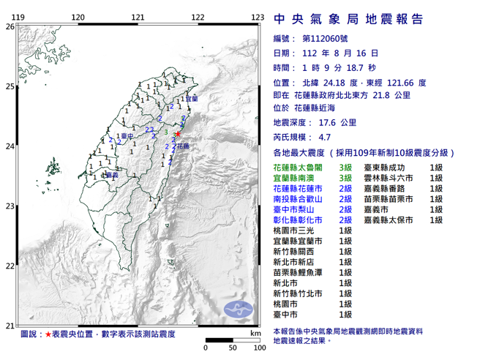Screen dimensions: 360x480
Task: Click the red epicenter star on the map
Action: tap(178, 134)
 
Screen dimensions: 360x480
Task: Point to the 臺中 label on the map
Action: tap(127, 136)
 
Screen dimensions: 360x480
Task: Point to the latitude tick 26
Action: tap(10, 26)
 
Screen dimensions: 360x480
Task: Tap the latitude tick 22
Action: tap(10, 266)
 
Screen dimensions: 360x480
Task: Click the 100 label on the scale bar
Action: tap(258, 346)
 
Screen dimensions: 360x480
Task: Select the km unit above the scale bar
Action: tap(255, 334)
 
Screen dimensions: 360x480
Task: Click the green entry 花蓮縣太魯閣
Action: tap(293, 168)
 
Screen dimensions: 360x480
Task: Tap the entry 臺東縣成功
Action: tap(393, 168)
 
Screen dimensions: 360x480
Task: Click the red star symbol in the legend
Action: tap(48, 334)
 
